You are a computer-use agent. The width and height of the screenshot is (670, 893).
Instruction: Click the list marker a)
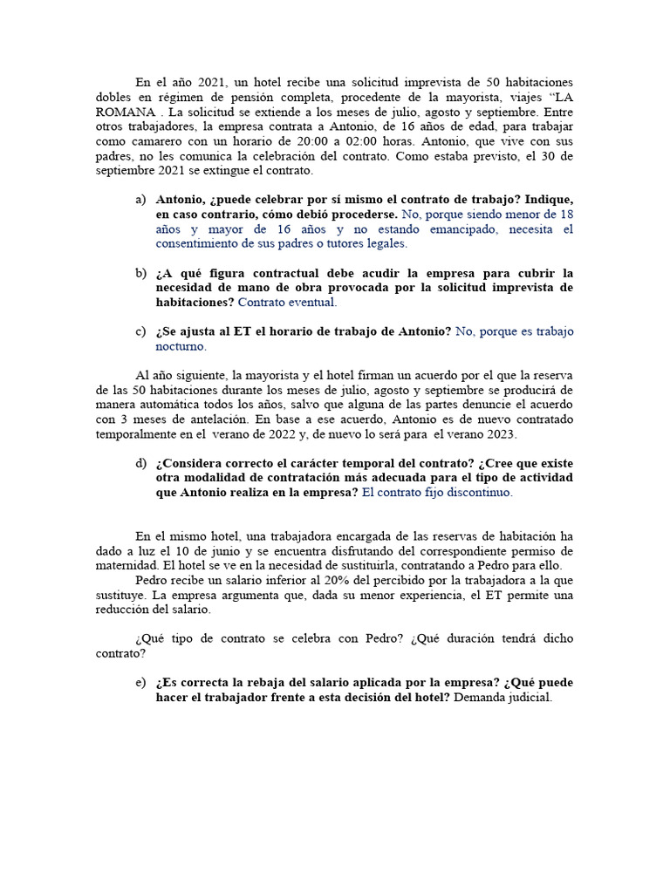click(140, 199)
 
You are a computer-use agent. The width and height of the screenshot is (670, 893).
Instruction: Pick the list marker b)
click(140, 273)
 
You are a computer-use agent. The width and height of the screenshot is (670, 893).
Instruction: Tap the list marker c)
click(140, 331)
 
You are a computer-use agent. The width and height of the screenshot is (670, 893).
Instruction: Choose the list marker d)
click(140, 463)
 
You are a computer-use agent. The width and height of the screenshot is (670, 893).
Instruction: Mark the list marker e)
click(140, 683)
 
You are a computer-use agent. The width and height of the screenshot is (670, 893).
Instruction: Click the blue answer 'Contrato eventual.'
click(287, 303)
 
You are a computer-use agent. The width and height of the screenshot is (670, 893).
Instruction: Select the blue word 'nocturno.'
click(181, 346)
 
